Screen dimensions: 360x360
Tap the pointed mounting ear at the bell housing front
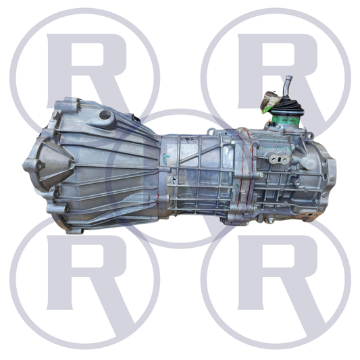(30, 164)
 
